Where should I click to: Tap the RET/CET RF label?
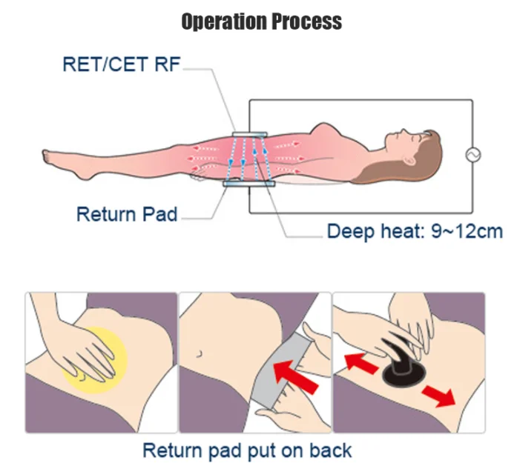[122, 64]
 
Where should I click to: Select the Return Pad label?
[127, 214]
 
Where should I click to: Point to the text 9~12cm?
[467, 231]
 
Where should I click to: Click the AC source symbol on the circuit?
[472, 155]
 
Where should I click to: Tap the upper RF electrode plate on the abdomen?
[249, 134]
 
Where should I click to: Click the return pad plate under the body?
[249, 183]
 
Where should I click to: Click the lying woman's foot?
[62, 164]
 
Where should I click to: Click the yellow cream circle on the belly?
[95, 360]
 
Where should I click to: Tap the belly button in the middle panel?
[199, 354]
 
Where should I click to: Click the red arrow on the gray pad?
[296, 376]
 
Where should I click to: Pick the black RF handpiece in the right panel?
[403, 365]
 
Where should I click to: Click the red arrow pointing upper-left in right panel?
[361, 363]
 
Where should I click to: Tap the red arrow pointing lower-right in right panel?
[438, 396]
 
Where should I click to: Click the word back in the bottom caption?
[330, 450]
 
